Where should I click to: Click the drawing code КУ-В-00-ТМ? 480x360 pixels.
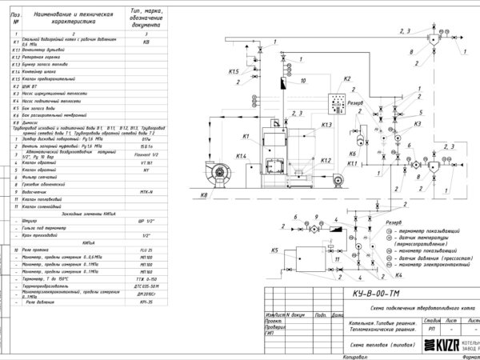click(x=374, y=293)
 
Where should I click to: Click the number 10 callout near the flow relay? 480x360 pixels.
click(x=303, y=81)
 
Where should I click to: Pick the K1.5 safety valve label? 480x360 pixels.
click(x=234, y=73)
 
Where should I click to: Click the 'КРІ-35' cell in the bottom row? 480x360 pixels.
click(x=146, y=303)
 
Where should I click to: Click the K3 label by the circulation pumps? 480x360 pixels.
click(x=418, y=125)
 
